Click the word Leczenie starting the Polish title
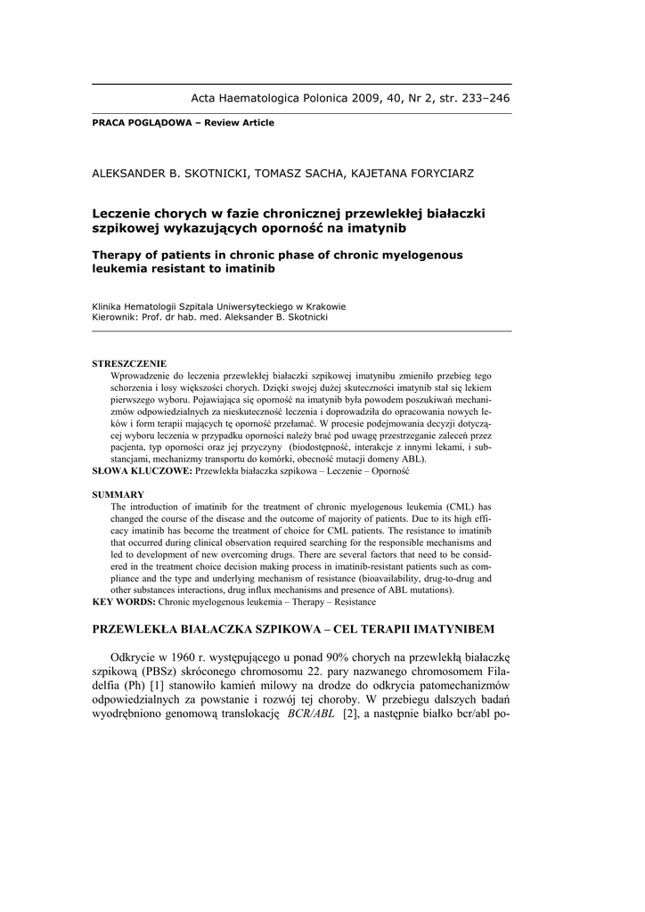pos(120,213)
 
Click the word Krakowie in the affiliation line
pos(321,306)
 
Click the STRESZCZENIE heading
pos(129,363)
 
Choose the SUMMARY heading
pos(118,494)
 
